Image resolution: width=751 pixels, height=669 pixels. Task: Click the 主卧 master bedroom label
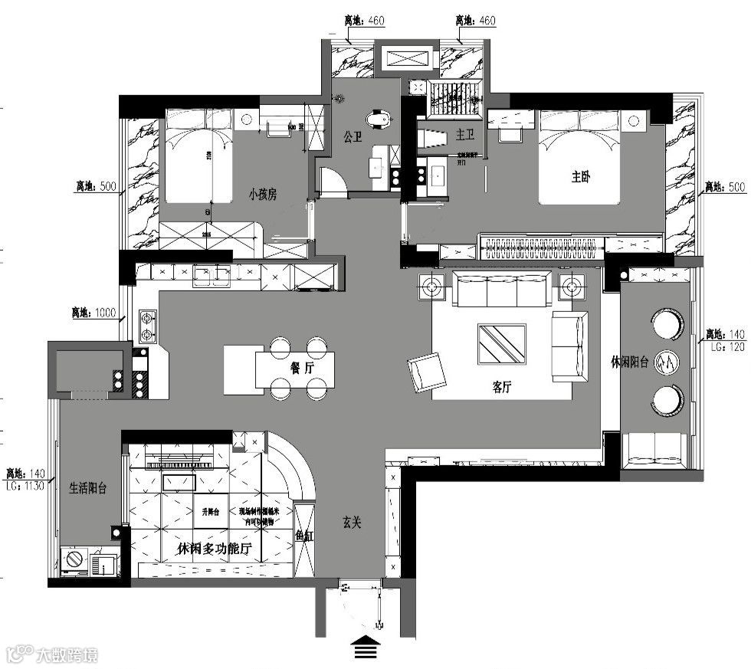[582, 176]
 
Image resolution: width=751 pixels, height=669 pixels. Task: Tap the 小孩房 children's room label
[262, 195]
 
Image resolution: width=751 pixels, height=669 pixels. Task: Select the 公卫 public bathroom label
[353, 138]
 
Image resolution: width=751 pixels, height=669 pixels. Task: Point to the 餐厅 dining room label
[303, 367]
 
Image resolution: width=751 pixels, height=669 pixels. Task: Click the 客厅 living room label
[502, 388]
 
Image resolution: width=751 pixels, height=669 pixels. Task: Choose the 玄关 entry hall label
[352, 523]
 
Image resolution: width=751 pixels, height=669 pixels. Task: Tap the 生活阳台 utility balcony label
[88, 487]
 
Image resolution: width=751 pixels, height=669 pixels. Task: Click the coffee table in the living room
[502, 344]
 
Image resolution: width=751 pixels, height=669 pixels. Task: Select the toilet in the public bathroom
[379, 120]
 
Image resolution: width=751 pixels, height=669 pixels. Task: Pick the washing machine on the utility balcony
[75, 562]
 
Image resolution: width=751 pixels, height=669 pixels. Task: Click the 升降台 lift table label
[210, 511]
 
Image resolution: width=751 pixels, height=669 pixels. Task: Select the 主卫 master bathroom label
[465, 135]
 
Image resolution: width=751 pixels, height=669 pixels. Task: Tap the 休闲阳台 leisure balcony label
[630, 362]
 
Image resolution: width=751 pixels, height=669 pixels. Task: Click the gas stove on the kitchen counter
[146, 326]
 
